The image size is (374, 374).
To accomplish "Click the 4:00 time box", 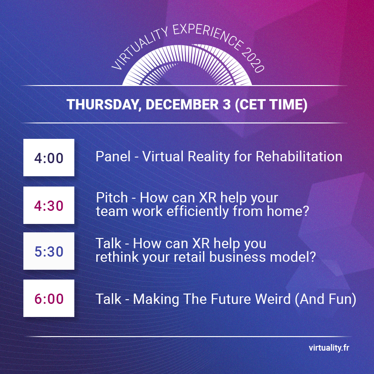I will pos(49,158).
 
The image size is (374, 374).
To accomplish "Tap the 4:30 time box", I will pos(49,205).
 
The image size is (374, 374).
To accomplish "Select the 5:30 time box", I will pos(49,252).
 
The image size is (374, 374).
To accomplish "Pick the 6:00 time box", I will pos(49,298).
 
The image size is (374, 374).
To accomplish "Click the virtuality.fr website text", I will pos(329,348).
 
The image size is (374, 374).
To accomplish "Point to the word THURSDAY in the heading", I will pos(102,104).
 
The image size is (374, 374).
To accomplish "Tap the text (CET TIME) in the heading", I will pos(270,104).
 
